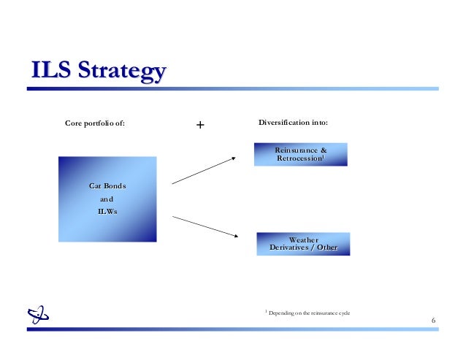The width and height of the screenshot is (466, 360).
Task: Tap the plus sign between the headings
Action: [200, 125]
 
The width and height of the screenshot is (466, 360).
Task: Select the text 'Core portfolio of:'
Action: [95, 123]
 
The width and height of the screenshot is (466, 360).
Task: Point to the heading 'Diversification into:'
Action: [293, 122]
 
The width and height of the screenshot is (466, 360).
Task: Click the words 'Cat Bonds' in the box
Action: [107, 186]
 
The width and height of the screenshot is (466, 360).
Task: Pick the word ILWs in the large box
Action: [107, 212]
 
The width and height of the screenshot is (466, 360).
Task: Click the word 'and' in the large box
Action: [107, 199]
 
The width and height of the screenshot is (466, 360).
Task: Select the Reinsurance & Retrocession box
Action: [301, 154]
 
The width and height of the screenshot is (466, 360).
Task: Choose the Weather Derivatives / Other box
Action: [303, 243]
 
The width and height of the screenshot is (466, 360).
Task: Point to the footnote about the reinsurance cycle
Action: [309, 313]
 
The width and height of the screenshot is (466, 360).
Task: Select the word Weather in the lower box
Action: [303, 239]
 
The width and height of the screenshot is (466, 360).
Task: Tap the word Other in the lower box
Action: [327, 248]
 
